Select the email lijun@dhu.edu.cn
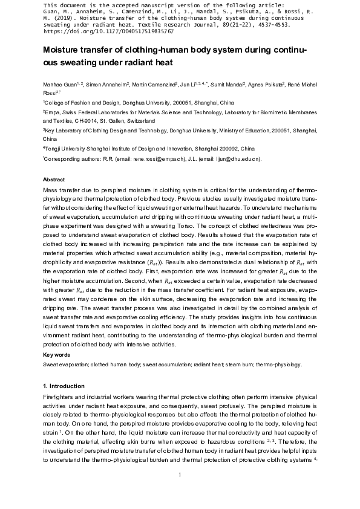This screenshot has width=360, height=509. click(235, 158)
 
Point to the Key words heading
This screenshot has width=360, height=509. click(56, 354)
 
